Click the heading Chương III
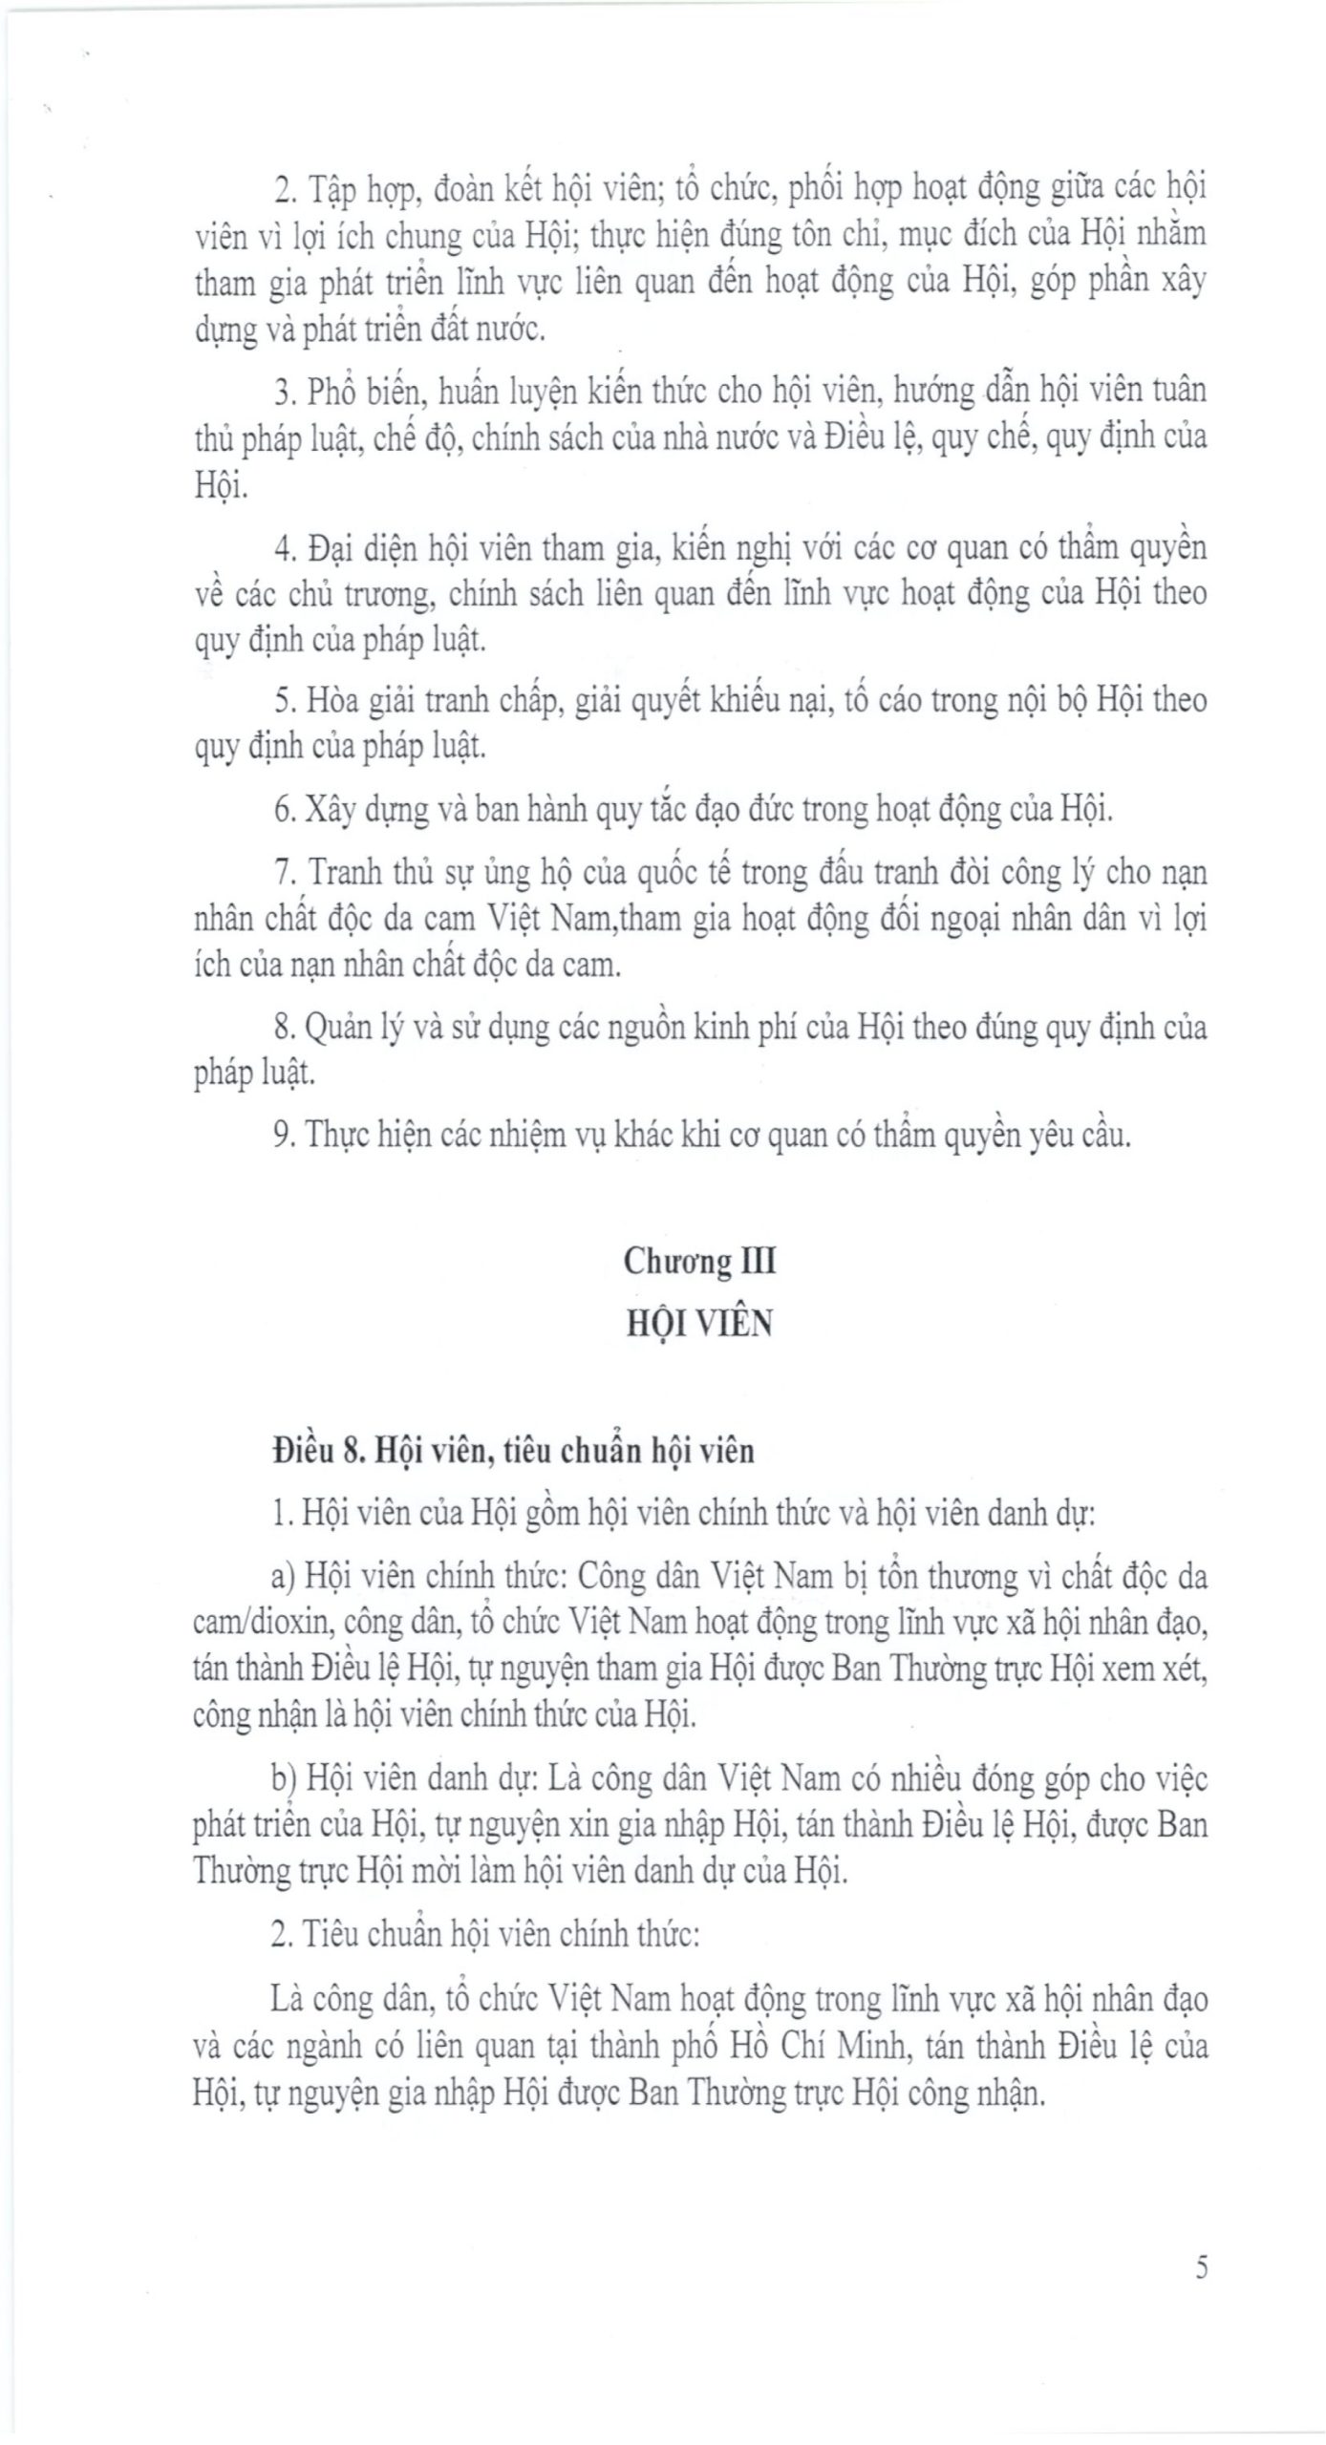pos(699,1262)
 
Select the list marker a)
pos(283,1576)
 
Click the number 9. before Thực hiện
pos(283,1136)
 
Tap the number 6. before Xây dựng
pos(283,810)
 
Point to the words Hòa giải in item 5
pos(350,701)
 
